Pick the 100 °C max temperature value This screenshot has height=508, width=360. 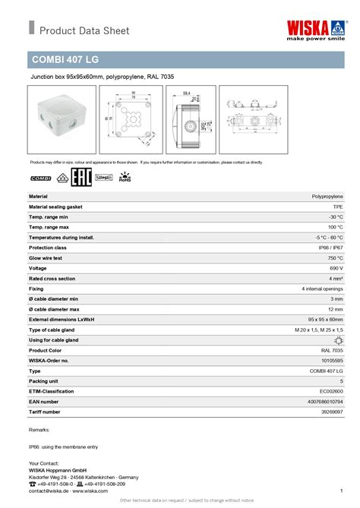coord(335,227)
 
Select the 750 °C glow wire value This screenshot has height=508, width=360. coord(334,258)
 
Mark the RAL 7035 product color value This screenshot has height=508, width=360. coord(332,351)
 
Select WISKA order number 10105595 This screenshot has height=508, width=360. coord(331,361)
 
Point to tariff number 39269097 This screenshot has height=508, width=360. coord(331,412)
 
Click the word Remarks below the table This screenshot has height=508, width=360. coord(39,431)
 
